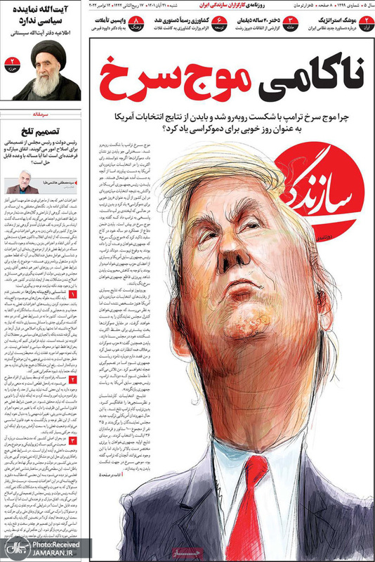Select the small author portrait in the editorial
[x=20, y=185]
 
